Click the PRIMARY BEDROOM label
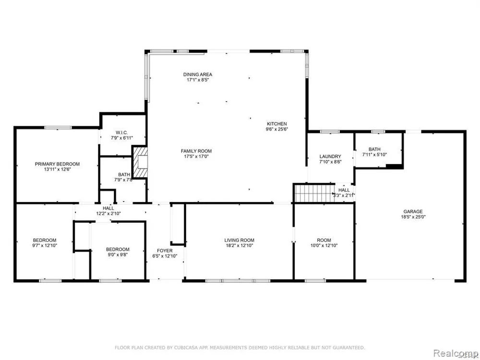57,164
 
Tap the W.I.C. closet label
121,132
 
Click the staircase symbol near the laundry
314,194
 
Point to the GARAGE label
412,211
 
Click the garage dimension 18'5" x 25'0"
412,217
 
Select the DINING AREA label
197,74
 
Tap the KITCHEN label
277,123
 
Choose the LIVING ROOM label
240,240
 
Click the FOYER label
165,251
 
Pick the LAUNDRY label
330,156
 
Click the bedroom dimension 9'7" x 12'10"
45,246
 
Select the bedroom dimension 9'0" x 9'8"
118,255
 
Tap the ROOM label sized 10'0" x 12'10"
324,240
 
